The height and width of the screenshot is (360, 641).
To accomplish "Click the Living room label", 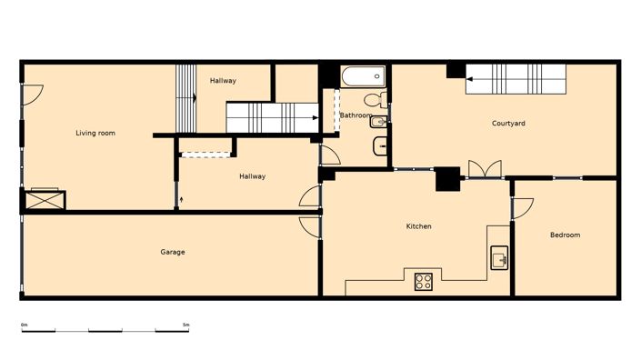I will (95, 134).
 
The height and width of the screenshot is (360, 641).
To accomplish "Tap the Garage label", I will (173, 252).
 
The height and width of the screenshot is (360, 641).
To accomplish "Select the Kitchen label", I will (418, 226).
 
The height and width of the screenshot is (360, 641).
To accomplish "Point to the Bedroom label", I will (565, 235).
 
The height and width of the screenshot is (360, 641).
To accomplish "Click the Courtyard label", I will (508, 124).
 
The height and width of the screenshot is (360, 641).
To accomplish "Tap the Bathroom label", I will (354, 115).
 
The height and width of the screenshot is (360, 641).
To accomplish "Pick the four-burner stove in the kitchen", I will (424, 282).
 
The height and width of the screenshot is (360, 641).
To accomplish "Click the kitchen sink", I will (499, 258).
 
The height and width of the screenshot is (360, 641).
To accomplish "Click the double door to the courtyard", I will (483, 169).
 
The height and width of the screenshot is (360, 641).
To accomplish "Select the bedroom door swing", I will (524, 208).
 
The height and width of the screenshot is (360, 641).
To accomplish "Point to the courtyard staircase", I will (516, 80).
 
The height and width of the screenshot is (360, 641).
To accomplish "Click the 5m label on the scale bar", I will (185, 325).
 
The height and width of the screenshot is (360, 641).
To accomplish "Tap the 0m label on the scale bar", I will (25, 325).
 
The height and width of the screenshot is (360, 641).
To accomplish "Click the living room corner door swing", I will (32, 94).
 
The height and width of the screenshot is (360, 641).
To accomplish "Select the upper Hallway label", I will (223, 81).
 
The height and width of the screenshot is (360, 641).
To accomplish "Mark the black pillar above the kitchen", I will (446, 180).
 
